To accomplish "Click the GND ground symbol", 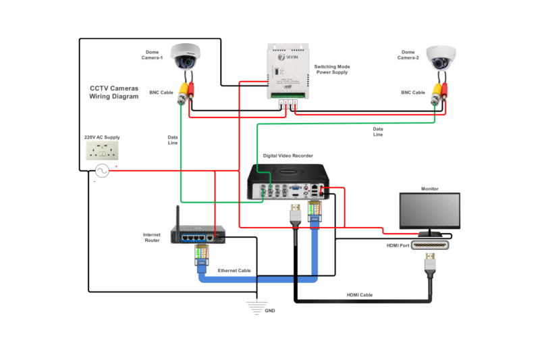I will (x=254, y=306).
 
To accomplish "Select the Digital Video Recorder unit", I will (x=290, y=180).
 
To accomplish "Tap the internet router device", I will (x=196, y=232).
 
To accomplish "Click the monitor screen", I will (x=429, y=210).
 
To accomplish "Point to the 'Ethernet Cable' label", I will (x=234, y=271).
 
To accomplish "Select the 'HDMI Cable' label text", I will (x=360, y=295).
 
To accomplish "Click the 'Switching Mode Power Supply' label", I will (x=332, y=70).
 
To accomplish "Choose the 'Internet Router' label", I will (x=152, y=237).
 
